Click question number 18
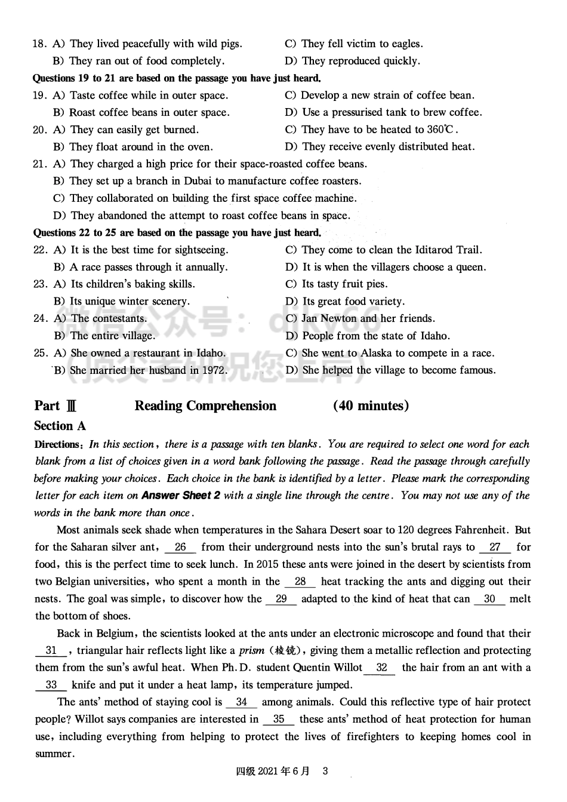[39, 44]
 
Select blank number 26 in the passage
[181, 547]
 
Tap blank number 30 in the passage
[489, 599]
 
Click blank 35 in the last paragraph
[279, 720]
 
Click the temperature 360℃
[442, 130]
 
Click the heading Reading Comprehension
[205, 406]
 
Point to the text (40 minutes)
[371, 406]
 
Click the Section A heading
[60, 426]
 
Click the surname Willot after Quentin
[344, 668]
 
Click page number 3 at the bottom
[325, 771]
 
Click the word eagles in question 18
[406, 44]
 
